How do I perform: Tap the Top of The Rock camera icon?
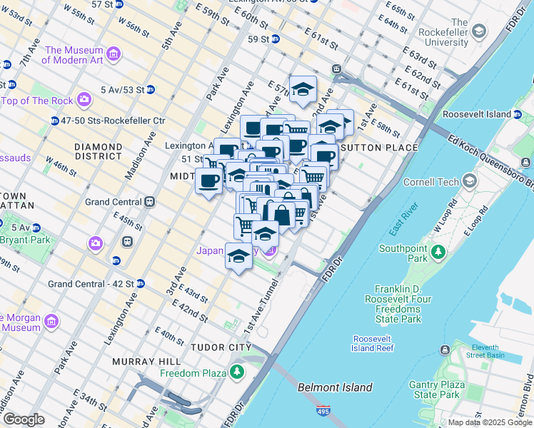[85, 100]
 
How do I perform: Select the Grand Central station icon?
[150, 202]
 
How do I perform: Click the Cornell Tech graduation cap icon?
[469, 180]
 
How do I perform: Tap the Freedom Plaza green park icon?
[236, 372]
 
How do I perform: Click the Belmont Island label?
[335, 387]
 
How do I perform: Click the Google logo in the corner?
[24, 419]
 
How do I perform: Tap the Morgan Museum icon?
[51, 322]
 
